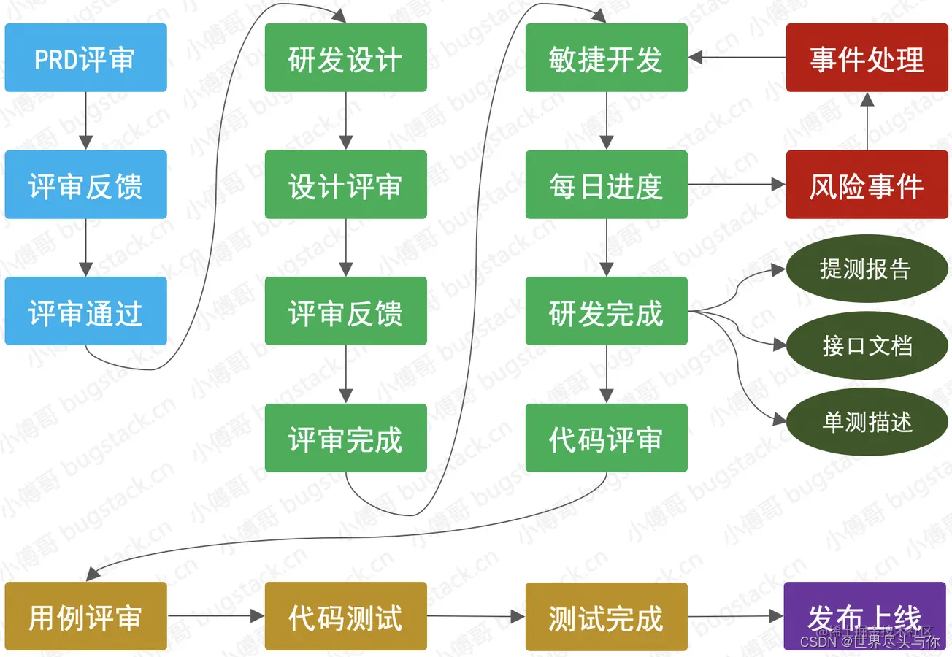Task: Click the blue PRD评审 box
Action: point(85,58)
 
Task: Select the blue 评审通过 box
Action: point(85,311)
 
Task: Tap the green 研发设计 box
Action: point(345,58)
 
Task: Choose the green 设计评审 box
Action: point(345,185)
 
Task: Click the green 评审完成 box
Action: point(345,438)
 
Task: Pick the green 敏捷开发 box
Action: point(606,58)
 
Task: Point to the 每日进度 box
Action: point(606,185)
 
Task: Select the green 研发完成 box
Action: point(606,311)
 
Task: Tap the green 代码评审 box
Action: point(606,438)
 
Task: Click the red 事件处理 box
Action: point(867,58)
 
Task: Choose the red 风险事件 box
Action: point(867,185)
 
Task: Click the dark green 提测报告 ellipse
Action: point(867,269)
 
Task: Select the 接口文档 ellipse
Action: point(867,346)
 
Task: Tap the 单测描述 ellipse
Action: point(867,423)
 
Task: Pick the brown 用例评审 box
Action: point(85,616)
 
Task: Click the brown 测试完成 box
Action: point(606,616)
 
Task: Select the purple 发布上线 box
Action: point(864,616)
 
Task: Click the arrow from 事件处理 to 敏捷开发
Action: point(737,58)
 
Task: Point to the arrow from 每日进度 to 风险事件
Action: point(737,185)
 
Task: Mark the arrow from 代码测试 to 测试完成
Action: point(476,616)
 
